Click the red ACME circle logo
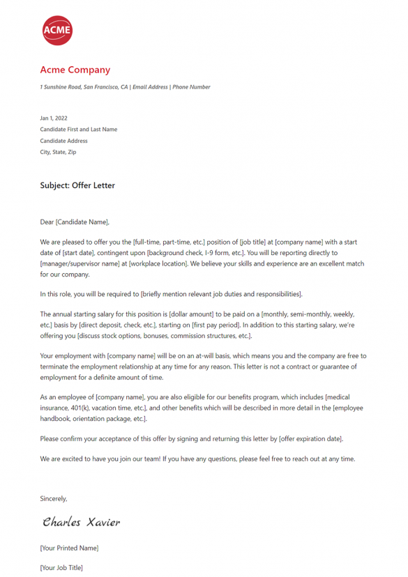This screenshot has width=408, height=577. (57, 30)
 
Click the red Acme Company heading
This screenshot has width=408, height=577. (75, 70)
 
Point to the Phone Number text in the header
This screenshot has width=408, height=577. (191, 87)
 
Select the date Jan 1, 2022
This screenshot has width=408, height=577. (54, 118)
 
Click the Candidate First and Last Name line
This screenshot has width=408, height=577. (79, 130)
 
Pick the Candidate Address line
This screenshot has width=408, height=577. (64, 141)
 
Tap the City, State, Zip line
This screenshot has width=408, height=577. (59, 152)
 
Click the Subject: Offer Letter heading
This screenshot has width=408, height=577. (77, 185)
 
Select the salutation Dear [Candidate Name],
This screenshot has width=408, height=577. (75, 222)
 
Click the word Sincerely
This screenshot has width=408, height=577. (54, 498)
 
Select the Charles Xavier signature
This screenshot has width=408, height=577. (81, 522)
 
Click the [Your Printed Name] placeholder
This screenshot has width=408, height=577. (69, 548)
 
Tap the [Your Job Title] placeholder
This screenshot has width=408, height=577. (61, 568)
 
